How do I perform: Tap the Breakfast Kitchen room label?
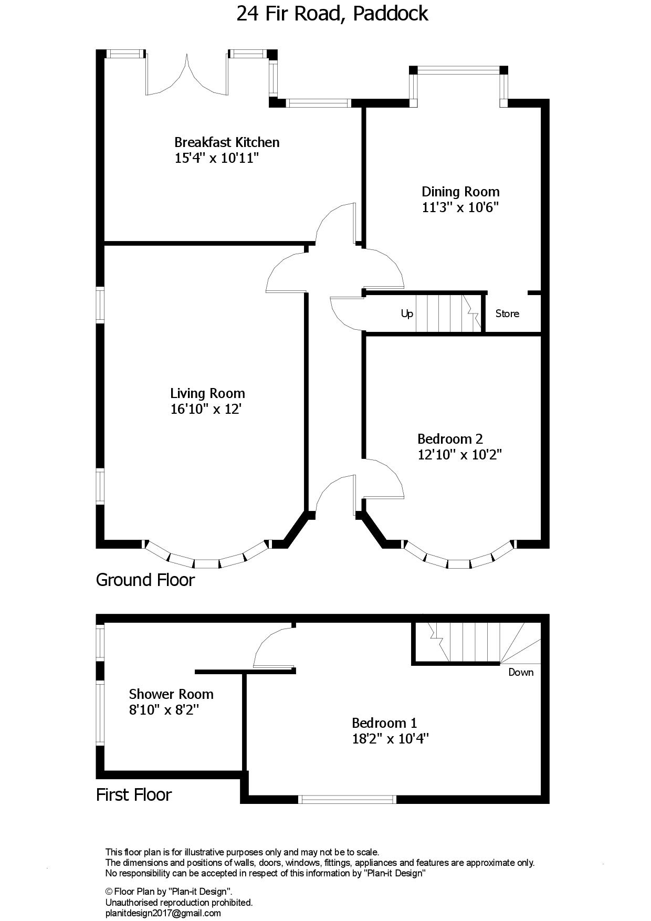(227, 142)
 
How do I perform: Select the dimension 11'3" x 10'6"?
(460, 207)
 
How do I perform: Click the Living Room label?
(207, 393)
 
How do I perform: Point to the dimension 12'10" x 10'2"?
(460, 455)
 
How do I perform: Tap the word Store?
(507, 313)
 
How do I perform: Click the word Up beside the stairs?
(407, 314)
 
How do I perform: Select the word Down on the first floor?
(521, 672)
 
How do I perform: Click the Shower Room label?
(171, 694)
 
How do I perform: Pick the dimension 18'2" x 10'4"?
(391, 739)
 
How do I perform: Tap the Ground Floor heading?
(145, 580)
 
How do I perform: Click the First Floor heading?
(134, 794)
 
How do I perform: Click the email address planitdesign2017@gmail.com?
(163, 913)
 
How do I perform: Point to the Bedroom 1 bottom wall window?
(347, 799)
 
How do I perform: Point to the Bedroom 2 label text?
(450, 439)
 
